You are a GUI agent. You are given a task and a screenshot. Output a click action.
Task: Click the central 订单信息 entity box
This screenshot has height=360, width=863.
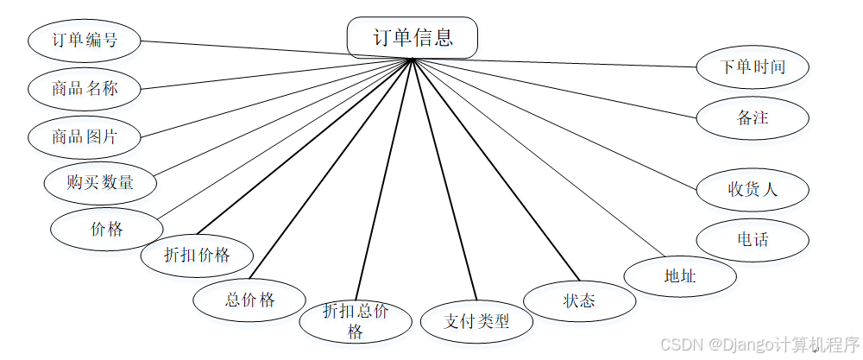pyautogui.click(x=413, y=38)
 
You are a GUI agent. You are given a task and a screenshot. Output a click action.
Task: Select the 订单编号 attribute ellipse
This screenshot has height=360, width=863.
pyautogui.click(x=85, y=40)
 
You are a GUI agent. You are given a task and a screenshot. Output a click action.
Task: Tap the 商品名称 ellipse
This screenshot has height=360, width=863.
pyautogui.click(x=85, y=88)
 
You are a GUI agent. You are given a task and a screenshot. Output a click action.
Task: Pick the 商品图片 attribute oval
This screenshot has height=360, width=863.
pyautogui.click(x=85, y=136)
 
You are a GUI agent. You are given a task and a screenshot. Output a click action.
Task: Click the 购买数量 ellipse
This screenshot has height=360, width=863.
pyautogui.click(x=100, y=182)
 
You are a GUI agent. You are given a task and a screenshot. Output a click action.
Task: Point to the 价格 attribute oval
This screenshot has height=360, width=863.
pyautogui.click(x=107, y=229)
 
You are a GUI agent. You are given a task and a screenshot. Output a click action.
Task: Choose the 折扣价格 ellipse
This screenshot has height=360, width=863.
pyautogui.click(x=198, y=255)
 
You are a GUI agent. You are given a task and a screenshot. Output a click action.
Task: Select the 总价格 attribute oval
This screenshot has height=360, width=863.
pyautogui.click(x=249, y=300)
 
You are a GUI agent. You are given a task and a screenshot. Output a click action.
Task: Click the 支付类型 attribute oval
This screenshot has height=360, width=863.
pyautogui.click(x=476, y=321)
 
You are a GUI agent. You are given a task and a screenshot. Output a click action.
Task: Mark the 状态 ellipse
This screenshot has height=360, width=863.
pyautogui.click(x=579, y=300)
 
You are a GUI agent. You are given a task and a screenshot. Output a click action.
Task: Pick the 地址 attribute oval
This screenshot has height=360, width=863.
pyautogui.click(x=680, y=276)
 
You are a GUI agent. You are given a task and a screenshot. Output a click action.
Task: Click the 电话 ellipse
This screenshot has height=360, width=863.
pyautogui.click(x=753, y=240)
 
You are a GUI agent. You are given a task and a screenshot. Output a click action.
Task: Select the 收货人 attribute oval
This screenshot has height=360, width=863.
pyautogui.click(x=753, y=189)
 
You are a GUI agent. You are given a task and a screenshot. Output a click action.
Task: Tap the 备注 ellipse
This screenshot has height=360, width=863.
pyautogui.click(x=753, y=118)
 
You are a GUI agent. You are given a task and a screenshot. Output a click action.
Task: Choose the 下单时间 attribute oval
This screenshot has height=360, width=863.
pyautogui.click(x=753, y=66)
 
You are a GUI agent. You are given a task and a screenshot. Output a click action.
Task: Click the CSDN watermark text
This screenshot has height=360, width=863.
pyautogui.click(x=759, y=344)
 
